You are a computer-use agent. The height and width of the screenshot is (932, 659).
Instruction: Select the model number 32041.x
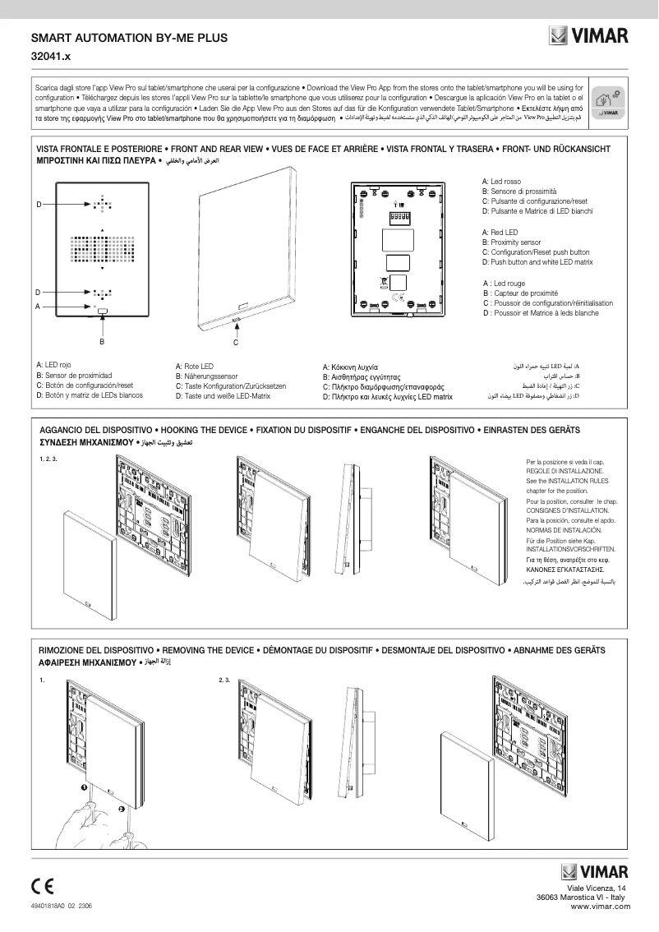click(x=51, y=58)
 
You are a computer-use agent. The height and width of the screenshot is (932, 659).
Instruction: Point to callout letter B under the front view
click(x=102, y=340)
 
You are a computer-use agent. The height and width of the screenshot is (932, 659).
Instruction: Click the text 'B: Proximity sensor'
click(x=511, y=243)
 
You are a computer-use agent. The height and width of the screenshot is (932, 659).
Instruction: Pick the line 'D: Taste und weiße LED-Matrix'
click(x=223, y=396)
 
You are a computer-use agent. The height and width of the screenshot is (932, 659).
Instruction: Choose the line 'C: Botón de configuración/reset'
click(x=84, y=385)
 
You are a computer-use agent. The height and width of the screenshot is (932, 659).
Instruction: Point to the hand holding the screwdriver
click(x=82, y=822)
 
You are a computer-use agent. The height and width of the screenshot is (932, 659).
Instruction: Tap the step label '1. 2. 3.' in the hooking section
click(x=48, y=458)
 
